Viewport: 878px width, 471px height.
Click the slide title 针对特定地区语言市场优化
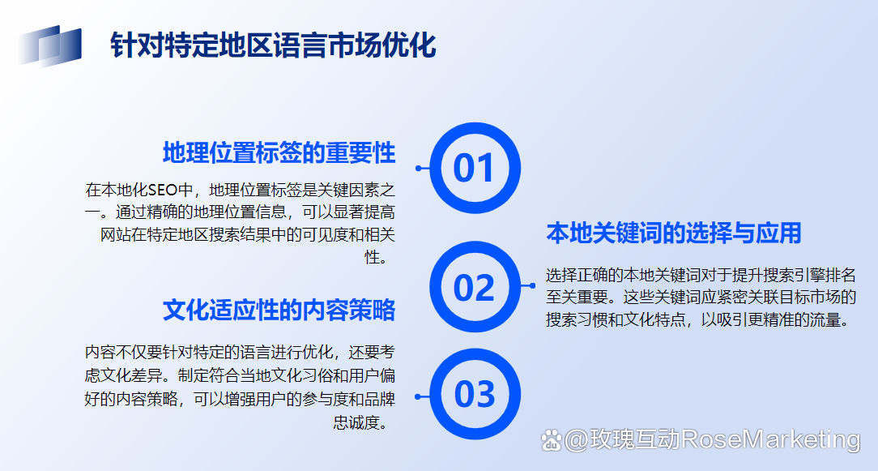pyautogui.click(x=273, y=45)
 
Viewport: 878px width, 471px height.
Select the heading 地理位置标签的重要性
pyautogui.click(x=279, y=153)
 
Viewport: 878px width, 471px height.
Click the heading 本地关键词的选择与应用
pyautogui.click(x=674, y=233)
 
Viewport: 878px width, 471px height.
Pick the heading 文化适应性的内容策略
pyautogui.click(x=279, y=310)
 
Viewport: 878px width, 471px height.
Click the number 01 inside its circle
pyautogui.click(x=474, y=169)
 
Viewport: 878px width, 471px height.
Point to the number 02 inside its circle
pyautogui.click(x=475, y=288)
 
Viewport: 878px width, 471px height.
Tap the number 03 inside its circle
pyautogui.click(x=475, y=394)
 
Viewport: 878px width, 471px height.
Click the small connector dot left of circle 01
pyautogui.click(x=418, y=169)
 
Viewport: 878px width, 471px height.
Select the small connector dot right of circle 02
pyautogui.click(x=532, y=286)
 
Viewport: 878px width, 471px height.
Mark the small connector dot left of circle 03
pyautogui.click(x=418, y=397)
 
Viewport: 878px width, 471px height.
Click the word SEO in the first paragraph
pyautogui.click(x=162, y=190)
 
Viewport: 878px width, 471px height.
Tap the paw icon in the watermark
pyautogui.click(x=552, y=441)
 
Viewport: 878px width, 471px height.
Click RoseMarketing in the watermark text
pyautogui.click(x=771, y=439)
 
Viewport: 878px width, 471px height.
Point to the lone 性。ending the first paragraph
pyautogui.click(x=376, y=257)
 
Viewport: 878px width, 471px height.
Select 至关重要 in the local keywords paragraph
pyautogui.click(x=578, y=297)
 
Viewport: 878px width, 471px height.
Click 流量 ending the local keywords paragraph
pyautogui.click(x=825, y=319)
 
